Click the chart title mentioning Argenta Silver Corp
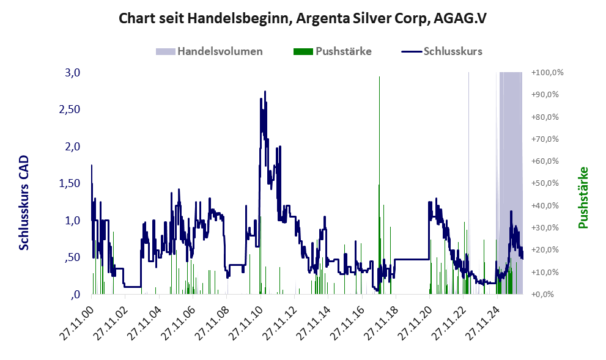[x=302, y=18]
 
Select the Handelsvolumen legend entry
[x=209, y=51]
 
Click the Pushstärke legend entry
[x=333, y=51]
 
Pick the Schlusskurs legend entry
[x=442, y=51]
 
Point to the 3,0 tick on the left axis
[x=73, y=73]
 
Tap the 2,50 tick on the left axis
[x=70, y=109]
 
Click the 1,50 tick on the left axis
[x=70, y=183]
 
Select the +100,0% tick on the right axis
[x=547, y=73]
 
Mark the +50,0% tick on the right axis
[x=545, y=183]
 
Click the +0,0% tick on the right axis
[x=542, y=295]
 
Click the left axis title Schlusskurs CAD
[x=24, y=202]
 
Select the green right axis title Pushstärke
[x=583, y=197]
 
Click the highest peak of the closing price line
[x=265, y=92]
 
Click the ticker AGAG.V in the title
[x=460, y=18]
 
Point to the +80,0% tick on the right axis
[x=545, y=117]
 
